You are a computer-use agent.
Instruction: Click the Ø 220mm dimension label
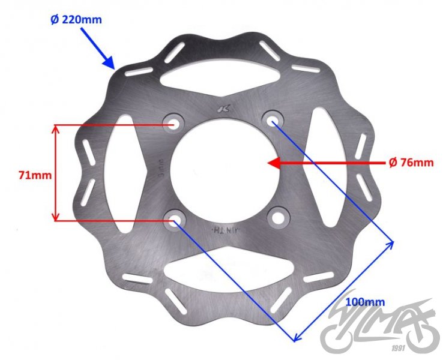coord(76,19)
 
